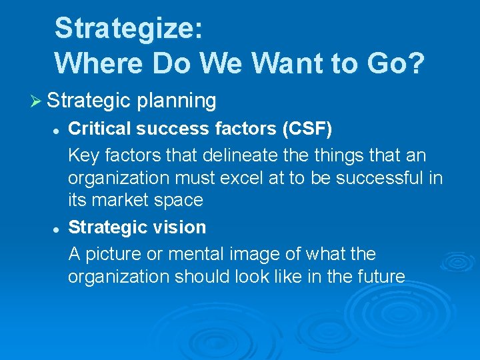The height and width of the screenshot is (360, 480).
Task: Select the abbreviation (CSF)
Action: (304, 128)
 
